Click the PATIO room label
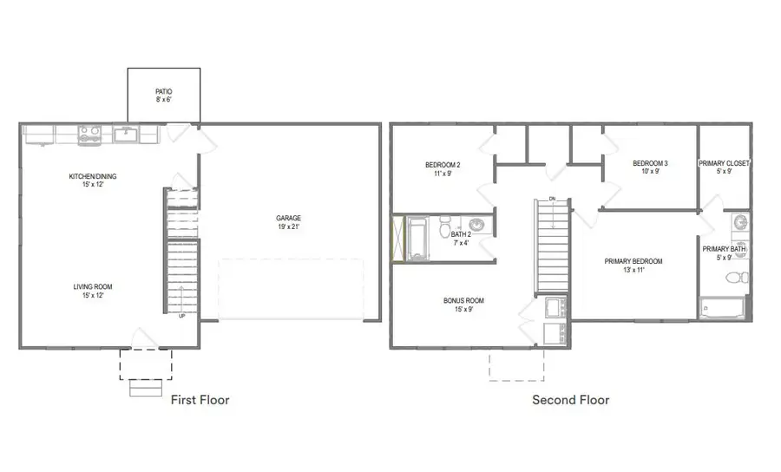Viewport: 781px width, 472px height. point(164,91)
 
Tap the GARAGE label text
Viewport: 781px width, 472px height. point(289,219)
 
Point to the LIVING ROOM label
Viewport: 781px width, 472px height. point(93,286)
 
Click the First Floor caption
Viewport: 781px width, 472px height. point(200,400)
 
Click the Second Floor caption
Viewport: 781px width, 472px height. point(570,400)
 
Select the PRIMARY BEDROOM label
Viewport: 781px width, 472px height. point(634,261)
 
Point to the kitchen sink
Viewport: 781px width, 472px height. point(125,134)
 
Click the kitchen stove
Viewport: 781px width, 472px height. point(89,134)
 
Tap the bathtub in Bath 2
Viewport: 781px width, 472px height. point(418,239)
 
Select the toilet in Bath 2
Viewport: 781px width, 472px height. point(445,231)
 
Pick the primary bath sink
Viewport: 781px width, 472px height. point(740,224)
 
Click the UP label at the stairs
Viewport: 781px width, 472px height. point(181,315)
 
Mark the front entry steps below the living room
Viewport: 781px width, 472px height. point(146,388)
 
